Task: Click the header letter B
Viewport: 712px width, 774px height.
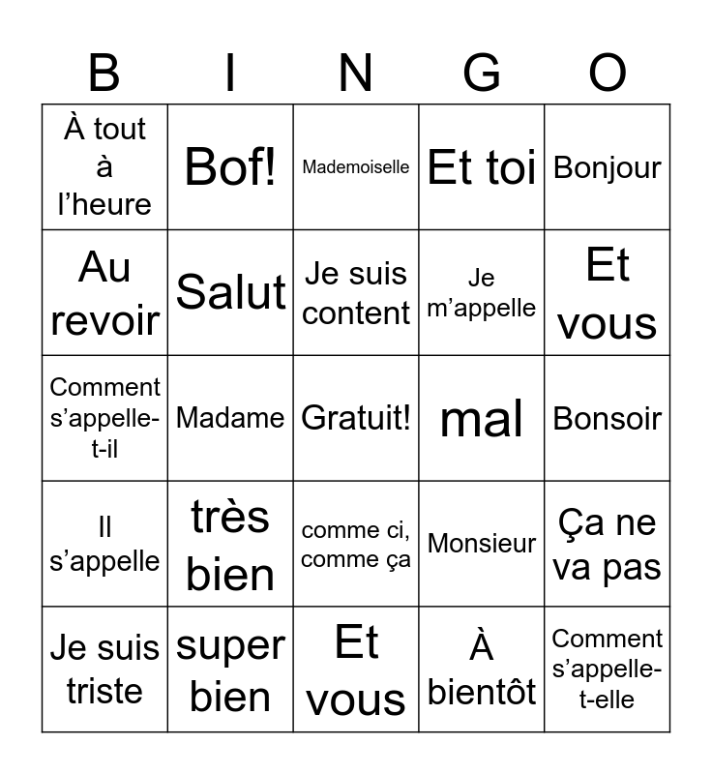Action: (104, 74)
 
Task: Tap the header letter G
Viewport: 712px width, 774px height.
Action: (482, 74)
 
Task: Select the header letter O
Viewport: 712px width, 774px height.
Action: (608, 74)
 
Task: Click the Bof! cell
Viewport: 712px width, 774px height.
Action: (230, 167)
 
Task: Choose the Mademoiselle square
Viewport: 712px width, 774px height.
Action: (356, 167)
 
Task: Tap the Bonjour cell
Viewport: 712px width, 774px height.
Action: (608, 167)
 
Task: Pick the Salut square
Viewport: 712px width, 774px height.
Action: (230, 292)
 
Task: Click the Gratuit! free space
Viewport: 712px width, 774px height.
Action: (356, 418)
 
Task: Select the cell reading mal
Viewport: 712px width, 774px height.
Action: (482, 418)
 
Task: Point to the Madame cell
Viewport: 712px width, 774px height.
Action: (230, 418)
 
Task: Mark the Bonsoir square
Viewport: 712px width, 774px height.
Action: (608, 418)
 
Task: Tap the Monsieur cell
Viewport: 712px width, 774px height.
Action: (482, 544)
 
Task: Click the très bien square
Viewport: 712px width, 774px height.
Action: (230, 544)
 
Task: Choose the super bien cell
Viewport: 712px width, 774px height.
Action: (230, 670)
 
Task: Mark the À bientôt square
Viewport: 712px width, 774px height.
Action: (482, 670)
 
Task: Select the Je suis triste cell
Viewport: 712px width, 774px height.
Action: (104, 670)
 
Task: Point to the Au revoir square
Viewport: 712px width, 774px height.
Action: (104, 292)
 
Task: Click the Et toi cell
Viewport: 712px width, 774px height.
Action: (482, 167)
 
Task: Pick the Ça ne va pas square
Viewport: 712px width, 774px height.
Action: (608, 544)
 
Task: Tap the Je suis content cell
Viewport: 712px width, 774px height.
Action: (356, 292)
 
